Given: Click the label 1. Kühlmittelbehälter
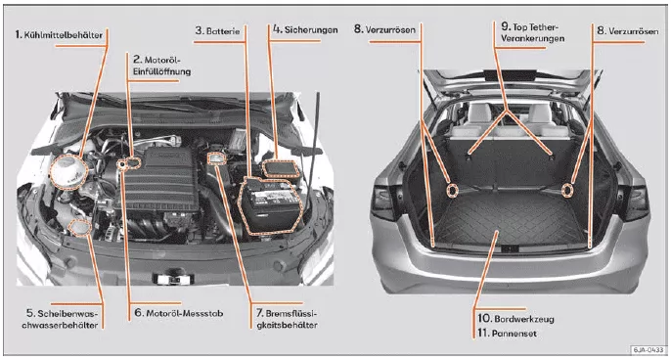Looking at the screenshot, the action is (59, 34).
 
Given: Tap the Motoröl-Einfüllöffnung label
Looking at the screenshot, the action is (161, 66).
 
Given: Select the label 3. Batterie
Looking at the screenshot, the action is (217, 31).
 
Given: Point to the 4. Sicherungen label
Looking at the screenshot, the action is (305, 29).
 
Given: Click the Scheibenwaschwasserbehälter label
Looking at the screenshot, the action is (60, 319).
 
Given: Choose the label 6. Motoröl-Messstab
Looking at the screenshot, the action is (179, 313).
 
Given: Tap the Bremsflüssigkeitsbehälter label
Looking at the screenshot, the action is (287, 319).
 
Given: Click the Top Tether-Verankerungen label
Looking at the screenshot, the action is (532, 32).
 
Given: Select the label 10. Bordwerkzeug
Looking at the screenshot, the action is (515, 319).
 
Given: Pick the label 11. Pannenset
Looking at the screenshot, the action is (507, 333).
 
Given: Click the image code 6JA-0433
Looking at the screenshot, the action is (649, 349).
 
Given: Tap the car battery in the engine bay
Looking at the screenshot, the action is (270, 205).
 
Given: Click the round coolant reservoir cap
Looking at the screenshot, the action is (68, 172).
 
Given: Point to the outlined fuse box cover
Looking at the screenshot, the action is (281, 168).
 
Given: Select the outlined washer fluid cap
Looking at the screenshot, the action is (79, 227).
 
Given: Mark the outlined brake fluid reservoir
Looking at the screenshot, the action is (216, 158).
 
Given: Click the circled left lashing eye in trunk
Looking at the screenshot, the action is (452, 190).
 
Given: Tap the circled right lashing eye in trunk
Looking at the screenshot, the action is (567, 189).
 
